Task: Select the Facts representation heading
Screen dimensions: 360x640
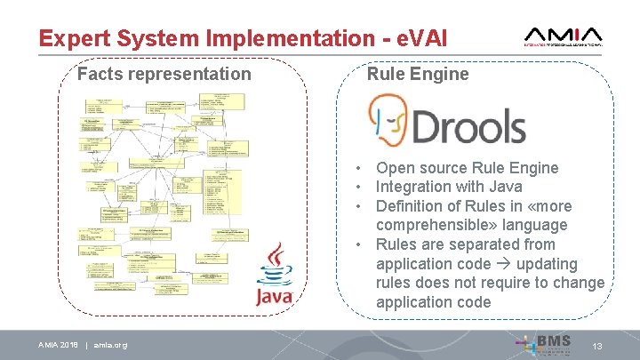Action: pyautogui.click(x=164, y=74)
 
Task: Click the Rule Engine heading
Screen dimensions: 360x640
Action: pyautogui.click(x=418, y=74)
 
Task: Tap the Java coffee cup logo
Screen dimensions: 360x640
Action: pyautogui.click(x=274, y=264)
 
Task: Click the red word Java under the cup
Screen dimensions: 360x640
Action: pyautogui.click(x=274, y=297)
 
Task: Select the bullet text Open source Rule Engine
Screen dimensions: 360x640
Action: pyautogui.click(x=467, y=168)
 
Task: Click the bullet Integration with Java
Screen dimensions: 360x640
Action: pyautogui.click(x=449, y=187)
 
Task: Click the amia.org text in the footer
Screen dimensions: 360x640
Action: pyautogui.click(x=110, y=345)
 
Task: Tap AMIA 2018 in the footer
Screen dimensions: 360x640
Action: pyautogui.click(x=57, y=345)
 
